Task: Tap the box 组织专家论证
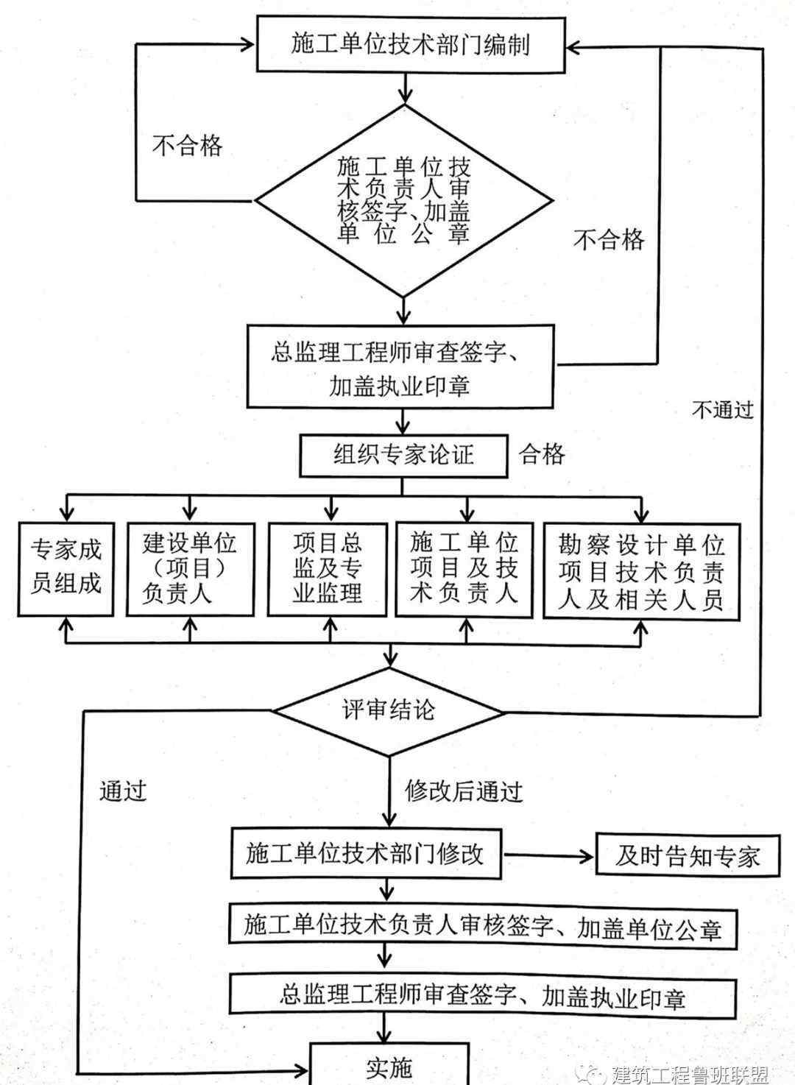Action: pyautogui.click(x=403, y=455)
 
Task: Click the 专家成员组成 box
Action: pyautogui.click(x=66, y=568)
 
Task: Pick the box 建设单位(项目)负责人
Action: pyautogui.click(x=190, y=568)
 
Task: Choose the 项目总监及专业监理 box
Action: pyautogui.click(x=328, y=568)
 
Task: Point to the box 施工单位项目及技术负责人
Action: pyautogui.click(x=464, y=568)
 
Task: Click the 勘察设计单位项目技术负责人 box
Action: pyautogui.click(x=641, y=569)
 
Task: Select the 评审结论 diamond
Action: pyautogui.click(x=389, y=710)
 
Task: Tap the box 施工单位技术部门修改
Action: pyautogui.click(x=366, y=854)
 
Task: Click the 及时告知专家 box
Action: pyautogui.click(x=687, y=855)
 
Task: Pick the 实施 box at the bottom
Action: pyautogui.click(x=389, y=1067)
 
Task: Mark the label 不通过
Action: pyautogui.click(x=723, y=409)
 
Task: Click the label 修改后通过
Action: pyautogui.click(x=464, y=791)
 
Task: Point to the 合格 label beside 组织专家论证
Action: pyautogui.click(x=543, y=454)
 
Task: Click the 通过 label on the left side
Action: pyautogui.click(x=123, y=790)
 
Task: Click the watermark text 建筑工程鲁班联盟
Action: pyautogui.click(x=690, y=1074)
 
